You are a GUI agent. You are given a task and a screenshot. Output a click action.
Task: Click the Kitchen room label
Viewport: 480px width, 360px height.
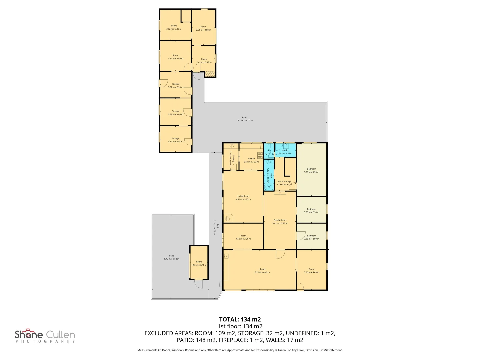click(251, 159)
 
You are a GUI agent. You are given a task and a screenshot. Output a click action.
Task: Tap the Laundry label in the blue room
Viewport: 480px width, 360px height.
click(284, 150)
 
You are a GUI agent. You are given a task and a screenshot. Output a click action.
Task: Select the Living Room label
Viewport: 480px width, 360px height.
click(243, 196)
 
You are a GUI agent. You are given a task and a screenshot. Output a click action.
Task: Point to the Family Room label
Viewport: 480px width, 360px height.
click(280, 220)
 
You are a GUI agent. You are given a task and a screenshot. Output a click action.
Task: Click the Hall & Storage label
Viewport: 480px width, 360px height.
click(284, 182)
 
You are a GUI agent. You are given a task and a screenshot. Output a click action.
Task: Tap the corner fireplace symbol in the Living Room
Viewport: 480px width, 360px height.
click(228, 219)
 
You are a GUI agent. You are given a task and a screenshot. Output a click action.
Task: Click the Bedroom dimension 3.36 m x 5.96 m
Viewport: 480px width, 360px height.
click(311, 172)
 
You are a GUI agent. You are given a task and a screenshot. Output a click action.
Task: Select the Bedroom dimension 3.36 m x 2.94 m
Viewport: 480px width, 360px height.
click(311, 212)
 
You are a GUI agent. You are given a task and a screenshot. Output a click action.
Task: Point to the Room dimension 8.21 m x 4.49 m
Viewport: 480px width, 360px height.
click(262, 272)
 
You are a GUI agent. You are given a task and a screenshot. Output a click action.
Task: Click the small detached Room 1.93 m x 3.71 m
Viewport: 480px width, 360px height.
click(199, 263)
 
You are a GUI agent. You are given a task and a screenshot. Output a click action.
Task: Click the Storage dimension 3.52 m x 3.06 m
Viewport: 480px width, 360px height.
click(175, 114)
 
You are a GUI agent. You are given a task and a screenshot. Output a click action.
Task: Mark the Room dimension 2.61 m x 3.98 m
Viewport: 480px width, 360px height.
click(203, 30)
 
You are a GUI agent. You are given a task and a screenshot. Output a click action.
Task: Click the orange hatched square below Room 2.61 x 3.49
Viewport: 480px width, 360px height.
click(210, 74)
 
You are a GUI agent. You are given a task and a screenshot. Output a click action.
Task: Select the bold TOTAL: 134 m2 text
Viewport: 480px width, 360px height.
click(240, 319)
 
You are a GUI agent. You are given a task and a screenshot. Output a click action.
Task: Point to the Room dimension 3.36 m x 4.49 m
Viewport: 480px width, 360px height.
click(311, 272)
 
